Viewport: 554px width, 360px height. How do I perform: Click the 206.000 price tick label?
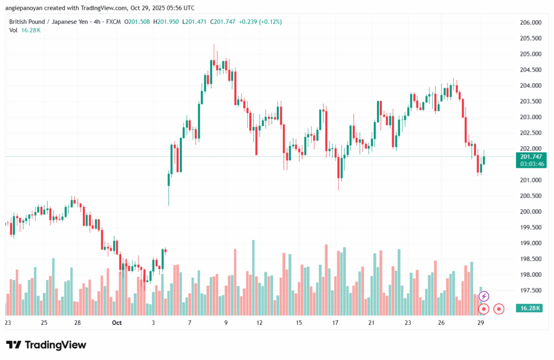pos(531,23)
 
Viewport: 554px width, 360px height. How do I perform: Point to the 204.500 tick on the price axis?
pos(531,70)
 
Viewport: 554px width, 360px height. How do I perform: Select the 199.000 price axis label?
pos(531,244)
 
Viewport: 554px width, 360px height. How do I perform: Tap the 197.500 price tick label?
pos(531,291)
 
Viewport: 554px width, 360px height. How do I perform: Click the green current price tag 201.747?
pos(531,156)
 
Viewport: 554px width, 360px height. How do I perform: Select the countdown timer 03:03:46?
pos(531,163)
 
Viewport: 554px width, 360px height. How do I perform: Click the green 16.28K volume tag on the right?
pos(531,307)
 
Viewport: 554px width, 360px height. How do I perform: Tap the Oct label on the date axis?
pos(117,323)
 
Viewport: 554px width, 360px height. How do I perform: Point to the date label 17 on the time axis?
pos(335,323)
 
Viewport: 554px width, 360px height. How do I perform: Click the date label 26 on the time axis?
pos(441,323)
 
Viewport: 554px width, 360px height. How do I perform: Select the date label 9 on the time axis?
pos(226,323)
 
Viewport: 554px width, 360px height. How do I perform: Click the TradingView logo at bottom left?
pos(46,345)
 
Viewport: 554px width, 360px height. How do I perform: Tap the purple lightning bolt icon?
pos(484,296)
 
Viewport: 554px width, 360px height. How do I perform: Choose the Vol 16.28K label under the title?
pos(25,30)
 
